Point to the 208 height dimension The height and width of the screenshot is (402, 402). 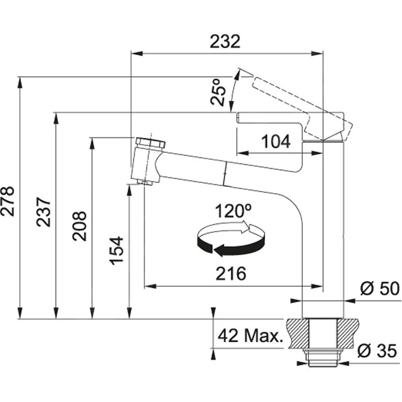pos(79,225)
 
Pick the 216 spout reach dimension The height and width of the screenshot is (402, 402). pos(231,274)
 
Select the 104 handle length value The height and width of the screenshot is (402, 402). pos(275,141)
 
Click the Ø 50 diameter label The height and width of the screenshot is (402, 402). pos(380,289)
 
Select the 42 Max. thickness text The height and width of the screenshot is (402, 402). pos(251,335)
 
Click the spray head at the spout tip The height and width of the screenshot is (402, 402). pos(147,161)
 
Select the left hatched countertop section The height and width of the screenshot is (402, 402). pos(297,334)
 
